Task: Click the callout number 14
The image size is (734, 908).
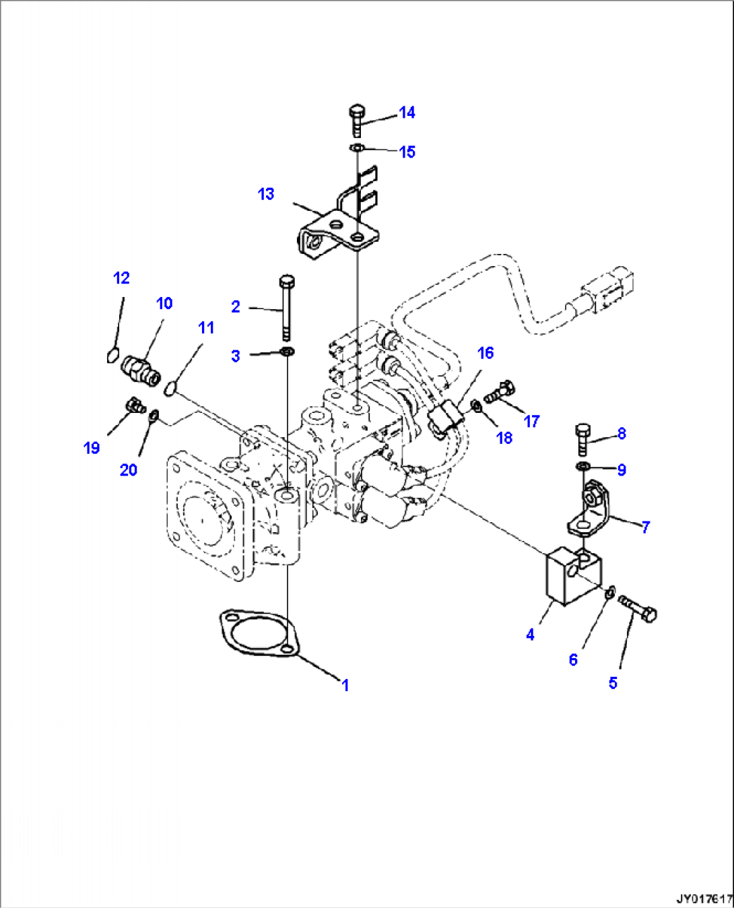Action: (407, 112)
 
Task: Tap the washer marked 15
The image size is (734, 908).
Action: (357, 148)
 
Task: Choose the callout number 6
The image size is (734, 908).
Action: (573, 659)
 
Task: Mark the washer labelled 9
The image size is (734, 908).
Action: (583, 467)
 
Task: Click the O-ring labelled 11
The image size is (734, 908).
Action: (170, 388)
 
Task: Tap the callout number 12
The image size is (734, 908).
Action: (121, 278)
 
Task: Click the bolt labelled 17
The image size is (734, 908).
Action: (499, 391)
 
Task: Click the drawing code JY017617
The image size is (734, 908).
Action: (704, 899)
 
